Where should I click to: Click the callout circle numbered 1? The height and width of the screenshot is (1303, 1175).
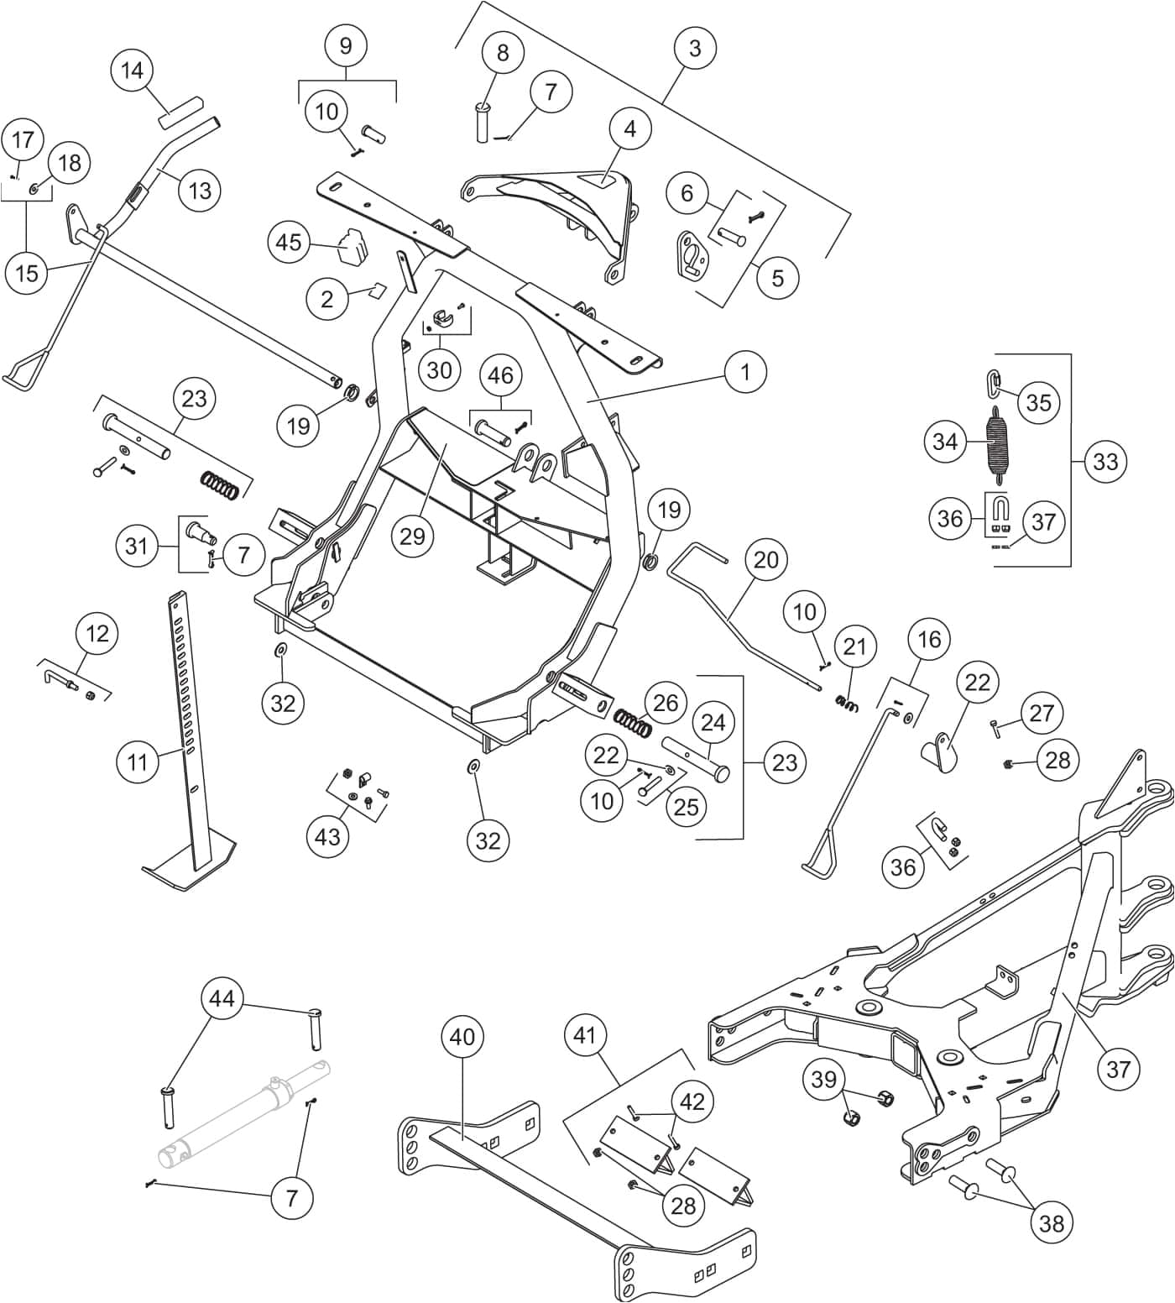[745, 371]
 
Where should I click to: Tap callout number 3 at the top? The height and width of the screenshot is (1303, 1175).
[694, 49]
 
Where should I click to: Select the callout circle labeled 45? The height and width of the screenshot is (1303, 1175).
[289, 243]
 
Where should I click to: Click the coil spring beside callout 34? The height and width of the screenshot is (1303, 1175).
[996, 442]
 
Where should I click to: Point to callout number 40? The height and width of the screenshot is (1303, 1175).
[462, 1037]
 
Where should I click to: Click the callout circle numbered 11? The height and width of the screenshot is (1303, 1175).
[137, 761]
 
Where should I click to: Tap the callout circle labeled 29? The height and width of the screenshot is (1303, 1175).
[412, 536]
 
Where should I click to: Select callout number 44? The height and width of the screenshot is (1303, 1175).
[222, 999]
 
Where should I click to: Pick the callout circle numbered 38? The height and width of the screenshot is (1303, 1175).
[1051, 1223]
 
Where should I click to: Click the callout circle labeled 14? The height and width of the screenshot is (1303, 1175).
[132, 71]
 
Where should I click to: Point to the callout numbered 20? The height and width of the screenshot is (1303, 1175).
[765, 560]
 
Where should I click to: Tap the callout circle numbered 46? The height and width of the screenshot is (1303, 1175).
[500, 375]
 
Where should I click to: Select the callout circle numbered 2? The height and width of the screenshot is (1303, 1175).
[327, 299]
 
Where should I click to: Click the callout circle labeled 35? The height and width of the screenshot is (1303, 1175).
[1038, 402]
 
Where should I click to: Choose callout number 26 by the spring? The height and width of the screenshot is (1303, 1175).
[665, 703]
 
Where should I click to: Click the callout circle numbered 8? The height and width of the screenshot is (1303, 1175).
[503, 53]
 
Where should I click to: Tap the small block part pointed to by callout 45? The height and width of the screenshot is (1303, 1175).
[352, 244]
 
